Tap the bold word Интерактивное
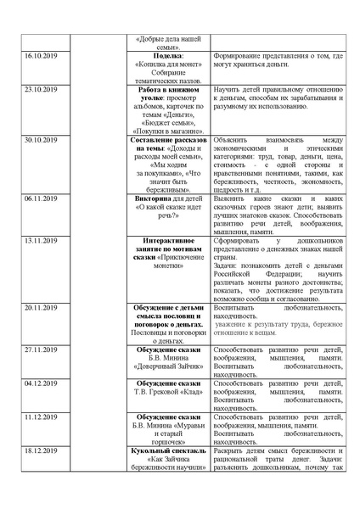pyautogui.click(x=162, y=239)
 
